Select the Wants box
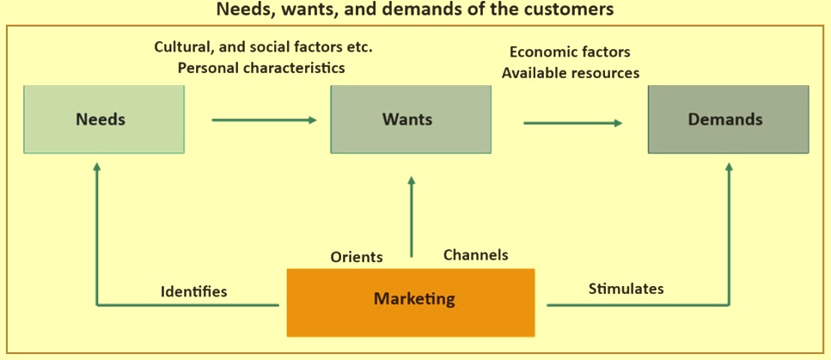click(x=411, y=119)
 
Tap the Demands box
click(x=728, y=119)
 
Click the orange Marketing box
click(x=411, y=301)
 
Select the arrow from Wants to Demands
click(x=572, y=123)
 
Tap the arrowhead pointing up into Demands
click(x=729, y=168)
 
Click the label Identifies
click(x=194, y=292)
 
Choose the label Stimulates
click(x=626, y=289)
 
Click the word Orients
click(x=357, y=257)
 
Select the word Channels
click(x=475, y=255)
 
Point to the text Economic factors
click(x=570, y=52)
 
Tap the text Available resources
click(x=571, y=73)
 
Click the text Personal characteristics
click(x=261, y=67)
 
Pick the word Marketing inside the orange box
click(x=414, y=300)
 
